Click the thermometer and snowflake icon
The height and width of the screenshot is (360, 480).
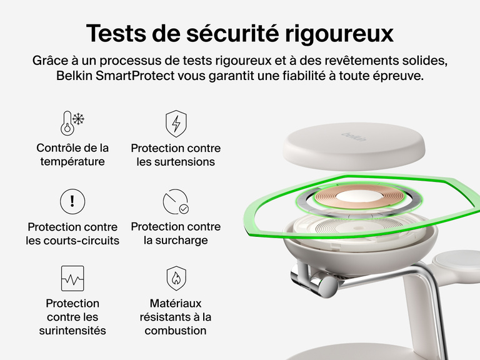pos(72,123)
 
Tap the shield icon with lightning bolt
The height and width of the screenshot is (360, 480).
pos(176,123)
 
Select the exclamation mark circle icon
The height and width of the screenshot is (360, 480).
pos(72,201)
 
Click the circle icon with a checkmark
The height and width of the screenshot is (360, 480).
pos(176,202)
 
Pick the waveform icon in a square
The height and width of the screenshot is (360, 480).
pos(72,278)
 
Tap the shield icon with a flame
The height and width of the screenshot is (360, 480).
pos(176,278)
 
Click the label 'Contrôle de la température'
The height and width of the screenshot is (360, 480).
pos(72,155)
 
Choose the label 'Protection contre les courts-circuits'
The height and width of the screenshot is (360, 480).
pos(72,234)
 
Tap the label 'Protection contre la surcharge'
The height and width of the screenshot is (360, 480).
pos(176,234)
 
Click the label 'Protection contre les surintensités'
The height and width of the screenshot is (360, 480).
pos(72,317)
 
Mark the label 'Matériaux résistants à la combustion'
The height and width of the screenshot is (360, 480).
pos(176,317)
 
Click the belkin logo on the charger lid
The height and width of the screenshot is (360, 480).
pos(353,136)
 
